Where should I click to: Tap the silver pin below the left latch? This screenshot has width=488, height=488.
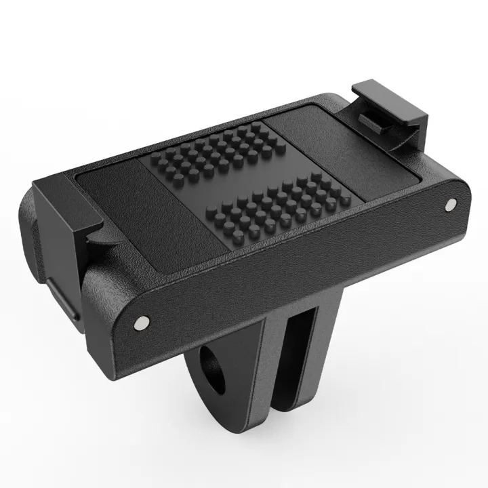click(x=141, y=323)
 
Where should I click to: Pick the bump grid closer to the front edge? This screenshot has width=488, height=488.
click(x=266, y=206)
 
